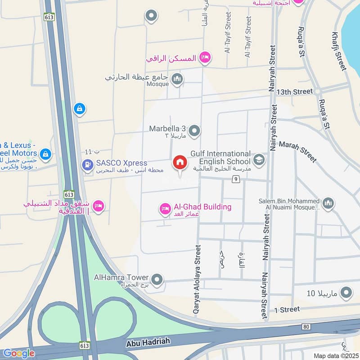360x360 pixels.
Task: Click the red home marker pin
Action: [x=180, y=163]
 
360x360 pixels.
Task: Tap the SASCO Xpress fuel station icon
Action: [x=87, y=165]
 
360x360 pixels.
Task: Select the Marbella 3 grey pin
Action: [x=194, y=131]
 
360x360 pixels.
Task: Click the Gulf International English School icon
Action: [x=259, y=159]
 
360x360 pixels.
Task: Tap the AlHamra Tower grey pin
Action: [x=157, y=280]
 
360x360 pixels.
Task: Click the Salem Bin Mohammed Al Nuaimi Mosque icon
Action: [x=328, y=203]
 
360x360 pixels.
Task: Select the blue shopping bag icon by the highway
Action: [x=79, y=109]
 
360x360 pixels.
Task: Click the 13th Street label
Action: [x=294, y=92]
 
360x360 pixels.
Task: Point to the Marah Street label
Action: [x=297, y=151]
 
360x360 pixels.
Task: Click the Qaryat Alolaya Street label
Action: [x=197, y=281]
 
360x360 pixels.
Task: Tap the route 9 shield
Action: [x=235, y=180]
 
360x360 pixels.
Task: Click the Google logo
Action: [x=18, y=353]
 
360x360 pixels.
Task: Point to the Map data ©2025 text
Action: [x=335, y=356]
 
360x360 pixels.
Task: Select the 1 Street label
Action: [x=287, y=310]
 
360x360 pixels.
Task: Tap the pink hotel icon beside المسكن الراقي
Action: [x=205, y=57]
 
